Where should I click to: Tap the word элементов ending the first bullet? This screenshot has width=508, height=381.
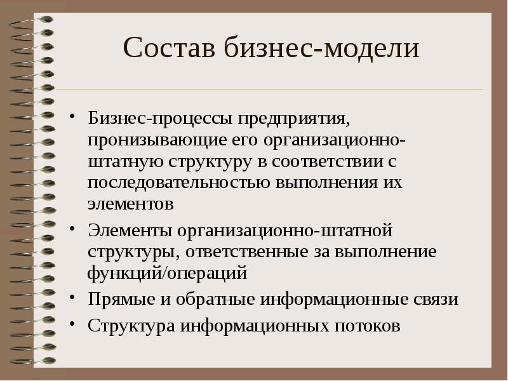tap(131, 204)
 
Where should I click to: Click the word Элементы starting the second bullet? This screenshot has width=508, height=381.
tap(131, 229)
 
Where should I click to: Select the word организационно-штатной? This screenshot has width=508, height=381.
tap(286, 229)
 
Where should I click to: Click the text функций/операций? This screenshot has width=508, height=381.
tap(168, 273)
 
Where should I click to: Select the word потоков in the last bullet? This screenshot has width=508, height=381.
tap(367, 326)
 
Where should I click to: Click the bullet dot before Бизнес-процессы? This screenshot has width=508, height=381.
tap(74, 118)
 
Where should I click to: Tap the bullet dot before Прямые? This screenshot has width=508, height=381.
tap(74, 298)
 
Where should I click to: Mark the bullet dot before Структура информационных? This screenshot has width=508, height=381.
tap(74, 324)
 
